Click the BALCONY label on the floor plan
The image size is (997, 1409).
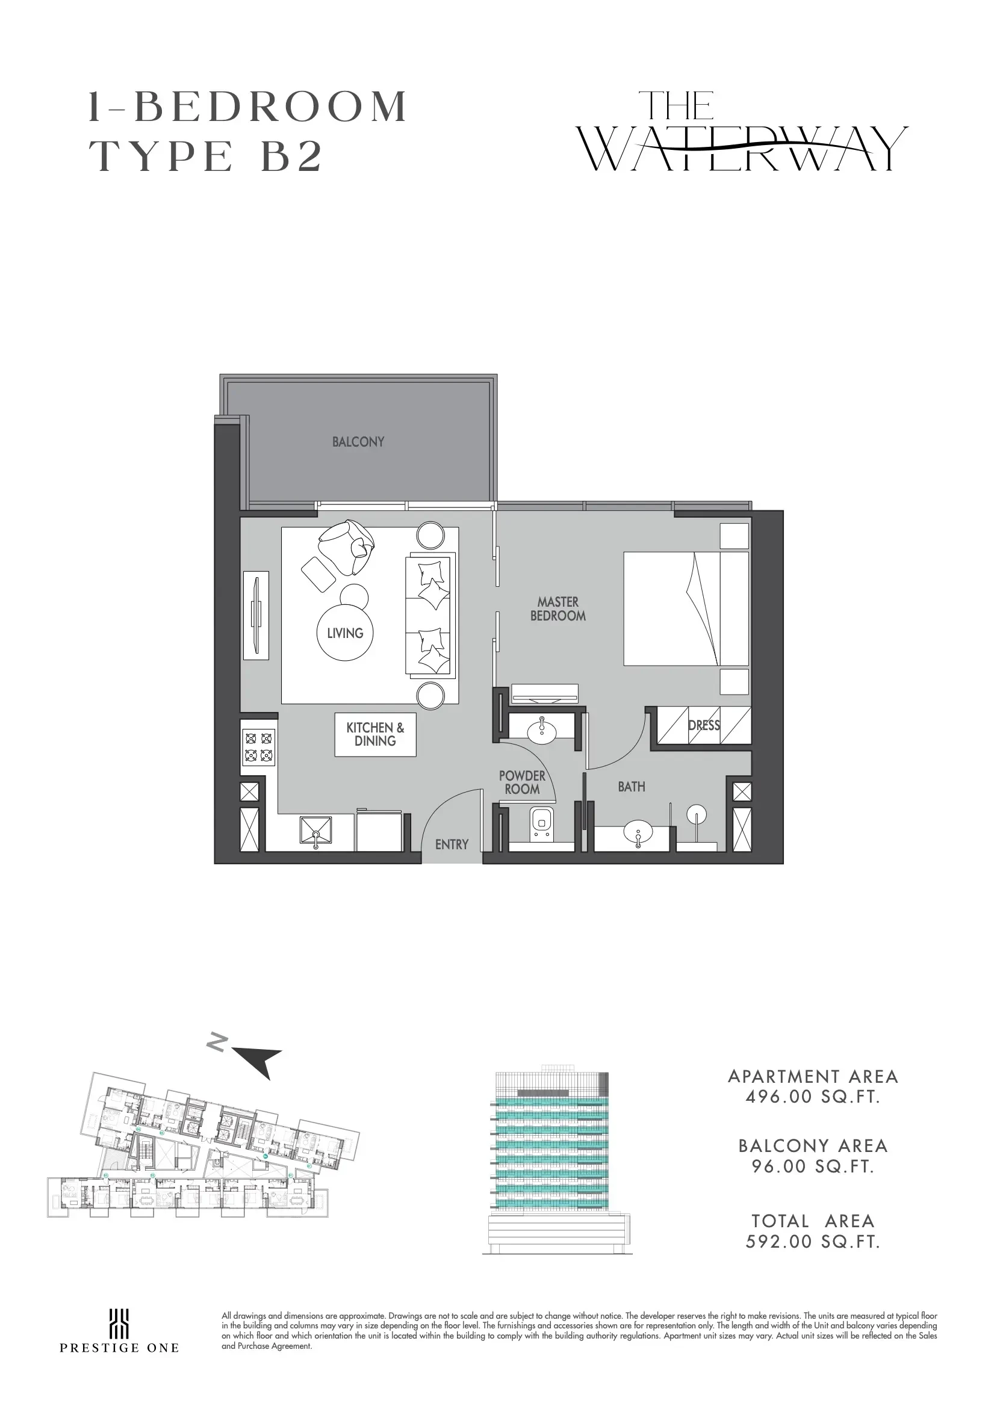tap(358, 442)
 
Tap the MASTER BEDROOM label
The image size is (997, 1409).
tap(558, 609)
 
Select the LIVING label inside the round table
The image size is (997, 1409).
tap(345, 633)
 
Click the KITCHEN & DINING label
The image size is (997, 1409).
tap(375, 734)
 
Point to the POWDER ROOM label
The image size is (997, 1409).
tap(522, 782)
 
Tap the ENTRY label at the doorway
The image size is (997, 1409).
tap(452, 844)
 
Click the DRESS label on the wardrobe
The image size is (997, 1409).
tap(704, 725)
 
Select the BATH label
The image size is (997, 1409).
tap(631, 786)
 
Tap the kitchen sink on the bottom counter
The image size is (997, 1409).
tap(315, 832)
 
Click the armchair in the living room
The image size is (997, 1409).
tap(346, 547)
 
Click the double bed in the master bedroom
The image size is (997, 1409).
tap(686, 609)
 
